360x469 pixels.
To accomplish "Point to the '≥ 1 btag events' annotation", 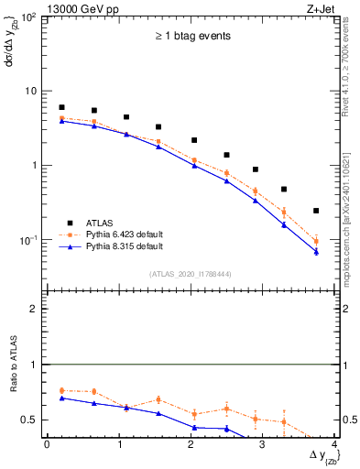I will coord(191,37).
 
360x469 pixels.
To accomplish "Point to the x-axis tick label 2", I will coord(191,444).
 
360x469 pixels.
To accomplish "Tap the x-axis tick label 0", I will coord(47,444).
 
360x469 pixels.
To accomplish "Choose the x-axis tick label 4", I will coord(334,444).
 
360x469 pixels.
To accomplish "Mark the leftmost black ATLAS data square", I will coord(61,107).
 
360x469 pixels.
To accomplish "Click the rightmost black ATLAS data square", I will coord(316,211).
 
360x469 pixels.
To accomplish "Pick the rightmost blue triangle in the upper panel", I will coord(316,251).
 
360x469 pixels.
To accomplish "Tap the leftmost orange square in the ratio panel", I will coord(61,390).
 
